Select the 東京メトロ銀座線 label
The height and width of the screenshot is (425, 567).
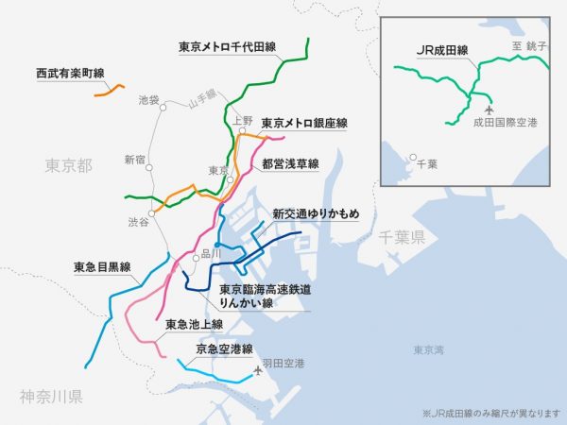304,123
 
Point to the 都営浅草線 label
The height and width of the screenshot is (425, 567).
291,162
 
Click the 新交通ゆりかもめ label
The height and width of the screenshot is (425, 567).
316,213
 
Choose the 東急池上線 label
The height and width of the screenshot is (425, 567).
194,324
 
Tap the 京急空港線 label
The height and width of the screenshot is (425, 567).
224,348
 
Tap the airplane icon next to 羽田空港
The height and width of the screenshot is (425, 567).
256,370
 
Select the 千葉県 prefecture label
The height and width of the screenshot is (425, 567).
402,237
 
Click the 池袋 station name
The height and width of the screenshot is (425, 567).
148,99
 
